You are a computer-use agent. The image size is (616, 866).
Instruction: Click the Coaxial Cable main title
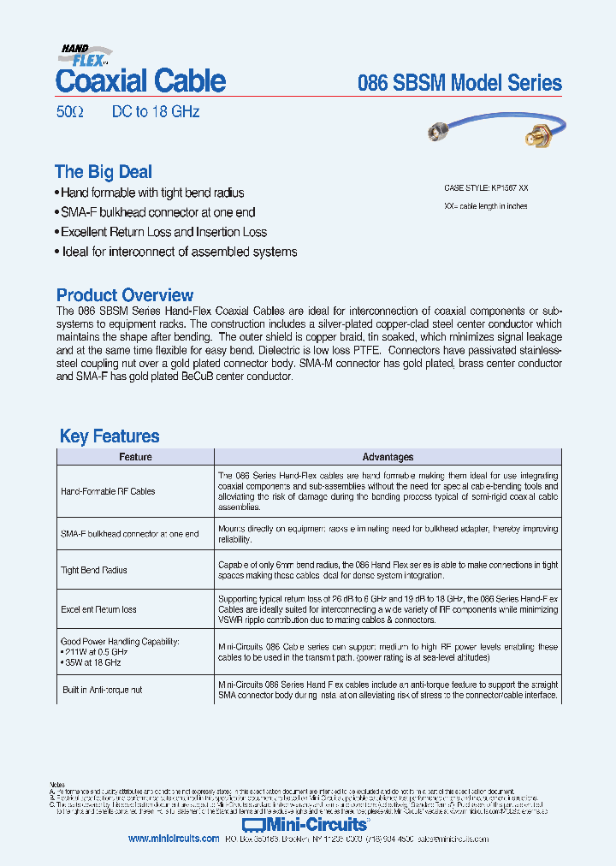[x=140, y=81]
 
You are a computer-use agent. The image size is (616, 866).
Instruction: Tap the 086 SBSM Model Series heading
[x=459, y=83]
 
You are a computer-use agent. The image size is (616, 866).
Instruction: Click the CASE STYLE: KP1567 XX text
[x=491, y=187]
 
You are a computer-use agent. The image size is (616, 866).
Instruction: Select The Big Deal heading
[x=103, y=172]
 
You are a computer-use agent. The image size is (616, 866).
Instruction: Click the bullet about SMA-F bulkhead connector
[x=157, y=212]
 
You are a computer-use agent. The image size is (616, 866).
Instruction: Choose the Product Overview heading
[x=125, y=295]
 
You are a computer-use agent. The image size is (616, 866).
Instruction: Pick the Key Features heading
[x=110, y=436]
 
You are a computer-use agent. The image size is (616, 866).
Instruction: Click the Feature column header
[x=135, y=457]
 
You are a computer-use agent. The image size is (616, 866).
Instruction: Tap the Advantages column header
[x=388, y=457]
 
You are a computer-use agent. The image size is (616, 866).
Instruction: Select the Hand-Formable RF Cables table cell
[x=108, y=492]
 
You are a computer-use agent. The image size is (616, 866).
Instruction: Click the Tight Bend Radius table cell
[x=94, y=570]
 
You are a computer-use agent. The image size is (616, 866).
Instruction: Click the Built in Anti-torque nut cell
[x=103, y=690]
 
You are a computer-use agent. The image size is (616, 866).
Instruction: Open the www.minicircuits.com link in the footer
[x=174, y=839]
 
